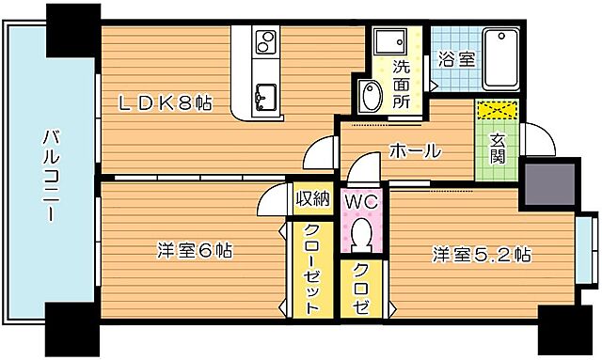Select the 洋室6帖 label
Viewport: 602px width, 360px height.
coord(195,251)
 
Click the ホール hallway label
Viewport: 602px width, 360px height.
coord(415,150)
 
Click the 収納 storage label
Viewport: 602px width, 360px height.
coord(312,197)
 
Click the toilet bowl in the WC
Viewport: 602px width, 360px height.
coord(358,235)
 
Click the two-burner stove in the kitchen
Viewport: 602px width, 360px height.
coord(266,43)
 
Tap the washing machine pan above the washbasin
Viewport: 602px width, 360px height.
coord(388,44)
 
